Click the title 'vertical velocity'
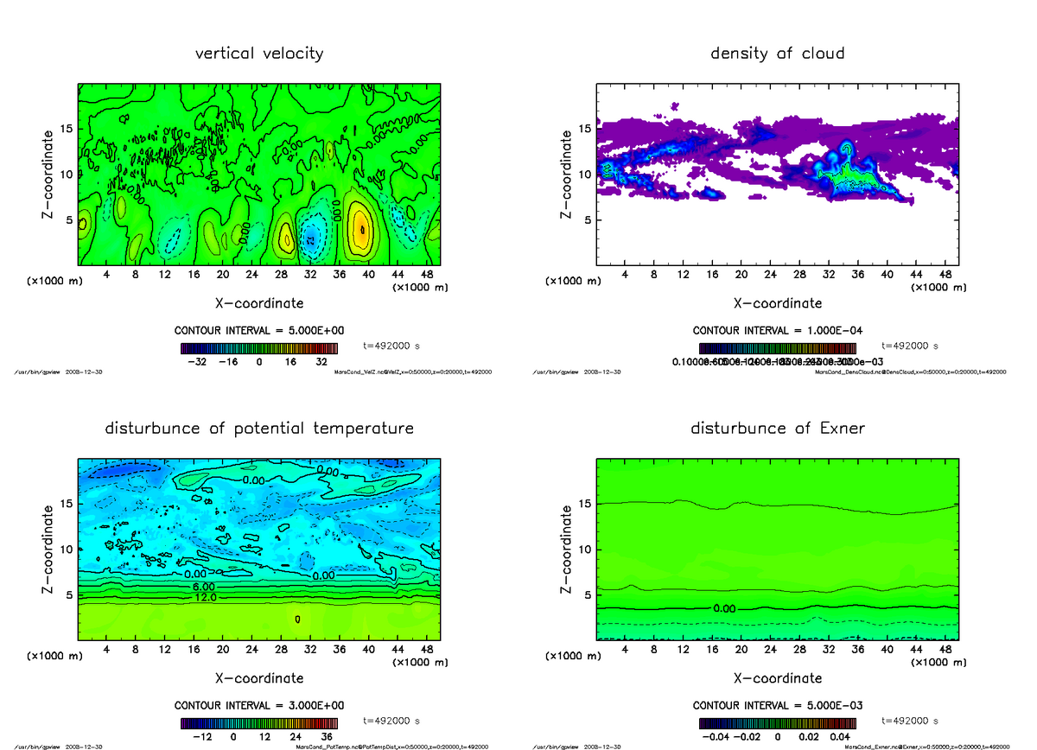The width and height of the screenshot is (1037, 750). tap(259, 54)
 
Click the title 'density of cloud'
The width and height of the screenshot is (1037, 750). tap(777, 54)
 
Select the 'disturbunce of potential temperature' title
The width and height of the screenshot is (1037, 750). tap(259, 429)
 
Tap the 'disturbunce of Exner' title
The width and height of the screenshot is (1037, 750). tap(777, 429)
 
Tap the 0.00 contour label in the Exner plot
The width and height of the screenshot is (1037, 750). tap(725, 608)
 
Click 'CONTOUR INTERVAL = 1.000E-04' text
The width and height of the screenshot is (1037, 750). tap(777, 331)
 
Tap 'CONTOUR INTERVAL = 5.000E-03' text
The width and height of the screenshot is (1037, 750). tap(777, 706)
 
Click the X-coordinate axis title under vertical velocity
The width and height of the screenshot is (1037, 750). tap(259, 303)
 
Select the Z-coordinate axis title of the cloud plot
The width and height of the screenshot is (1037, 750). tap(566, 173)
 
